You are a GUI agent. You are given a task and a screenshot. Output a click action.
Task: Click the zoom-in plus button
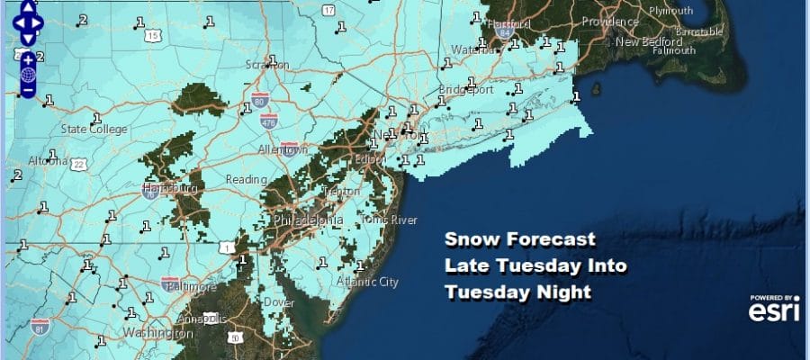click(x=27, y=58)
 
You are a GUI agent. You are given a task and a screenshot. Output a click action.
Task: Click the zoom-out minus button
click(x=27, y=89)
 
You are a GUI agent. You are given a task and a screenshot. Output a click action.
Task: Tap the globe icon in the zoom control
click(x=27, y=74)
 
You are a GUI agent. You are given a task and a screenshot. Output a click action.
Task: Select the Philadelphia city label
click(x=308, y=220)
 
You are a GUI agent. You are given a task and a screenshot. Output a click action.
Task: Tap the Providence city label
click(x=609, y=21)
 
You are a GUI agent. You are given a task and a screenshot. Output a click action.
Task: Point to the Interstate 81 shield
click(x=39, y=324)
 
